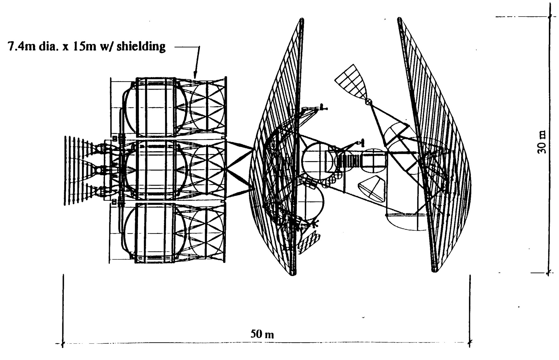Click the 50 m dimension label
pos(262,334)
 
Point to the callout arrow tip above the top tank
pos(194,76)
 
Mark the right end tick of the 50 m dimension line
pos(470,343)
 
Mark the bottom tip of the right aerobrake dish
pos(434,270)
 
